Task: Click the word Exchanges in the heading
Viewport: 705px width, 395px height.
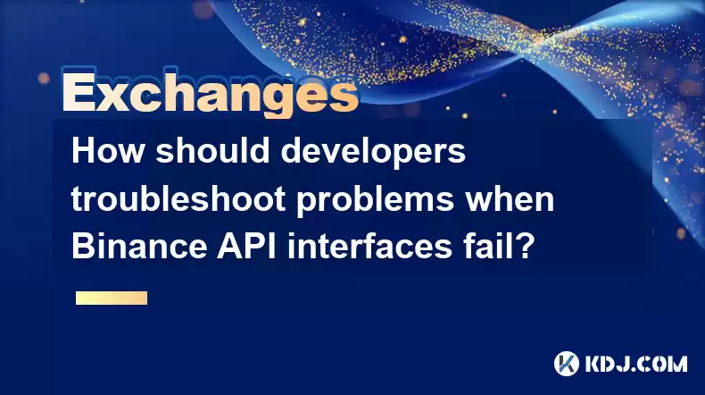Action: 211,92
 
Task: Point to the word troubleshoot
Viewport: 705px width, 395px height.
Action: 178,198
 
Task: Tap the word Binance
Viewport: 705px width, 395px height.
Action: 139,246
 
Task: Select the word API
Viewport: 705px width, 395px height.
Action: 246,247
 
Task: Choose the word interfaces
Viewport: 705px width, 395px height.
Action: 369,246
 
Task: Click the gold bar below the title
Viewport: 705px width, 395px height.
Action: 112,298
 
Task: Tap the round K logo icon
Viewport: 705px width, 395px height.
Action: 566,364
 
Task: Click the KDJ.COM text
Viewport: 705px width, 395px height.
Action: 636,364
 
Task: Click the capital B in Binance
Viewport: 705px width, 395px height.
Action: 83,247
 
